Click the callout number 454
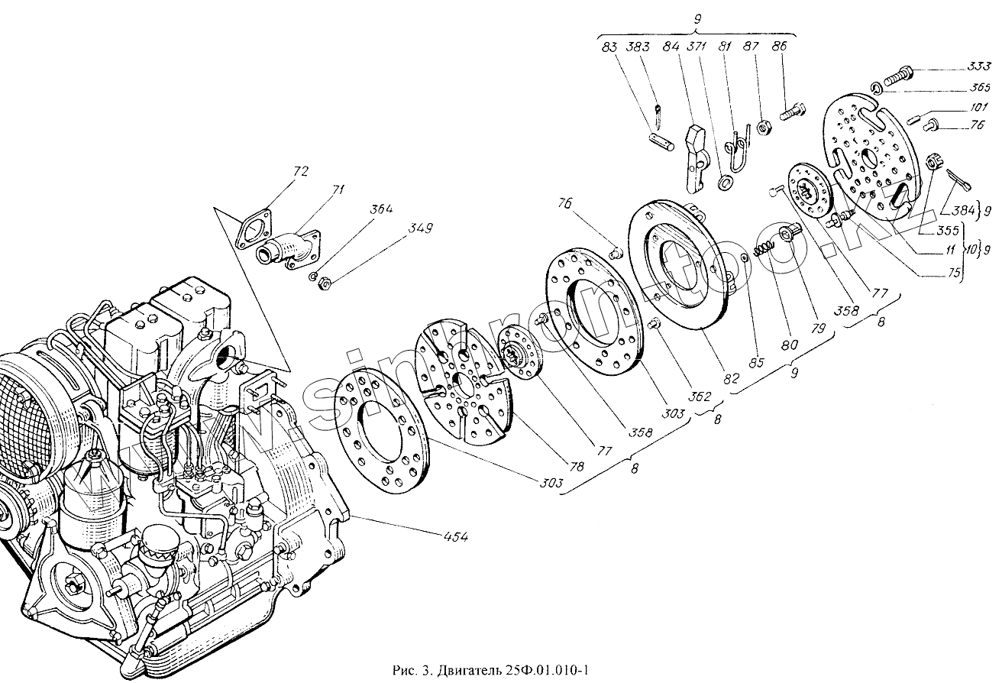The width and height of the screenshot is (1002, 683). (454, 537)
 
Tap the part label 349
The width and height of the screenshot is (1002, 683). (419, 228)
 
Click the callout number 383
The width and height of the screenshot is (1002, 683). (638, 47)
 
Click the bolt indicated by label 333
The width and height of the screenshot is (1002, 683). (897, 75)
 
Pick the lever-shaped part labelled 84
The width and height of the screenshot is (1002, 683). (698, 153)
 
